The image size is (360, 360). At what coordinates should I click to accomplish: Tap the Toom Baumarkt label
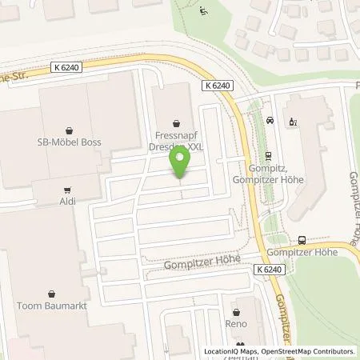pos(54,306)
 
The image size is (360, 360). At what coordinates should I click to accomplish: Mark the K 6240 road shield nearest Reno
pos(271,270)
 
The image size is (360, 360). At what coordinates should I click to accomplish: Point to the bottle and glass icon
pos(293,122)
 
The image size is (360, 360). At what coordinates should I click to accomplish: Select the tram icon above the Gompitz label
pos(268,158)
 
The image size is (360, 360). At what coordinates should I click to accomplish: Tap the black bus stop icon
pos(302,239)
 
